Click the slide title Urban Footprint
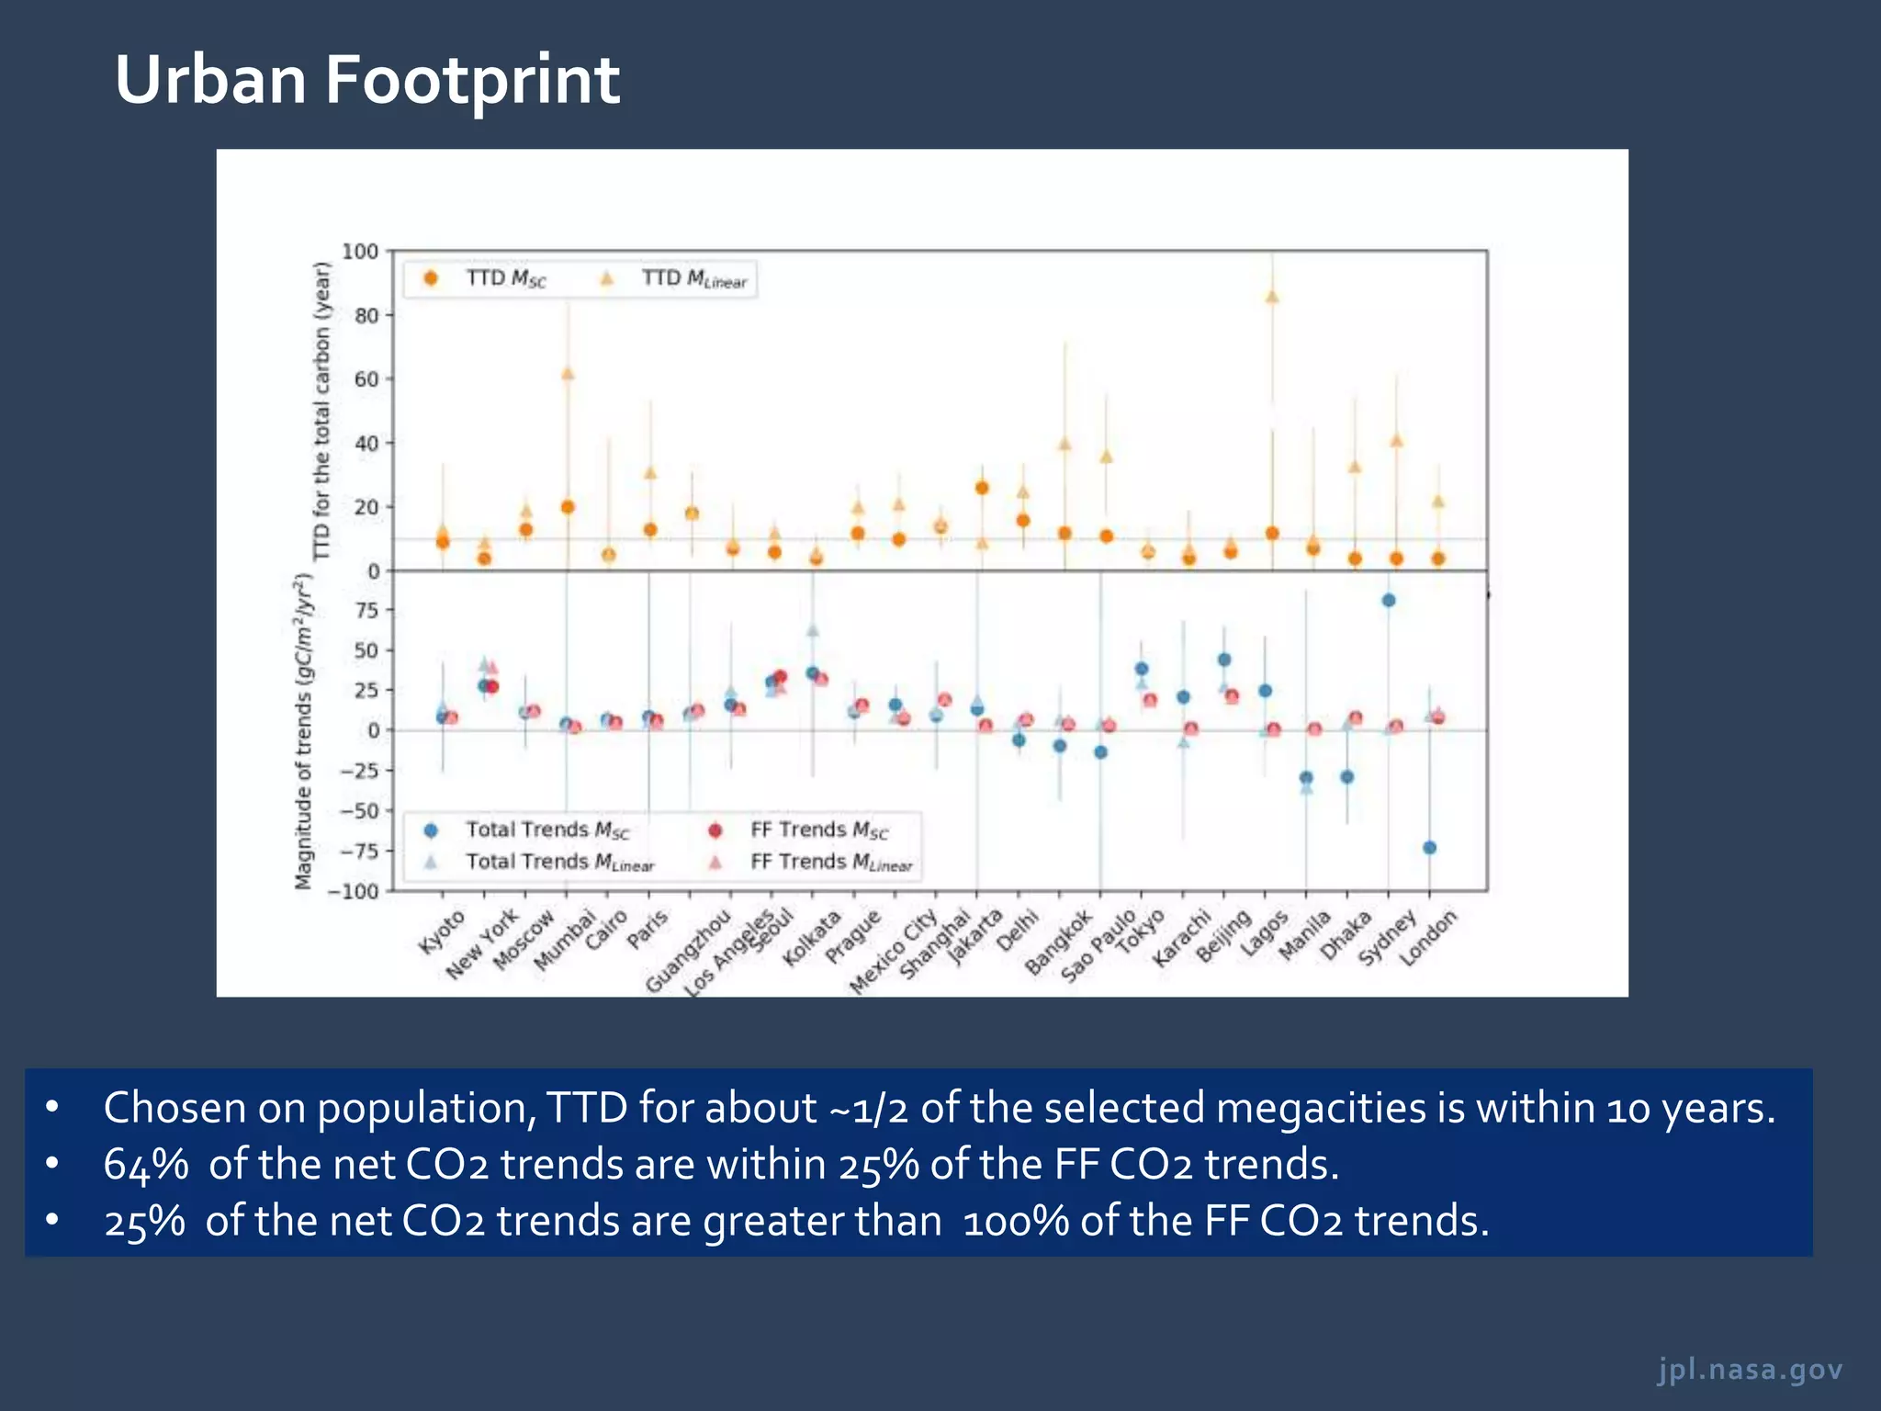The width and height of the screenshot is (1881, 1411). pos(366,80)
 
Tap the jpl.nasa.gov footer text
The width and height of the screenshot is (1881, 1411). pos(1750,1369)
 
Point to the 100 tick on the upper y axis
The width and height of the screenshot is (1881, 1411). pos(360,252)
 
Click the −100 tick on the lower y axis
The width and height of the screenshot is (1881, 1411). pos(355,891)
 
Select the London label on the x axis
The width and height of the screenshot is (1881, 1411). pos(1428,938)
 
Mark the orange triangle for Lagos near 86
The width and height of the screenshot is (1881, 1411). pos(1272,297)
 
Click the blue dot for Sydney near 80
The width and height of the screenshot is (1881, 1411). pos(1389,601)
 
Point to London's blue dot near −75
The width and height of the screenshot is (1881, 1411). pos(1429,848)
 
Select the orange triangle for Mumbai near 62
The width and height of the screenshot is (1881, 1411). pos(568,374)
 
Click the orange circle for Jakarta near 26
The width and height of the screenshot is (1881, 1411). pos(982,488)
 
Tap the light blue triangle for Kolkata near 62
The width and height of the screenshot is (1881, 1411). pos(812,630)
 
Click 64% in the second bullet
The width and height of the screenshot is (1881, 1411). pos(146,1165)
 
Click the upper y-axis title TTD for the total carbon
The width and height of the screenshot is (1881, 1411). pos(321,411)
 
